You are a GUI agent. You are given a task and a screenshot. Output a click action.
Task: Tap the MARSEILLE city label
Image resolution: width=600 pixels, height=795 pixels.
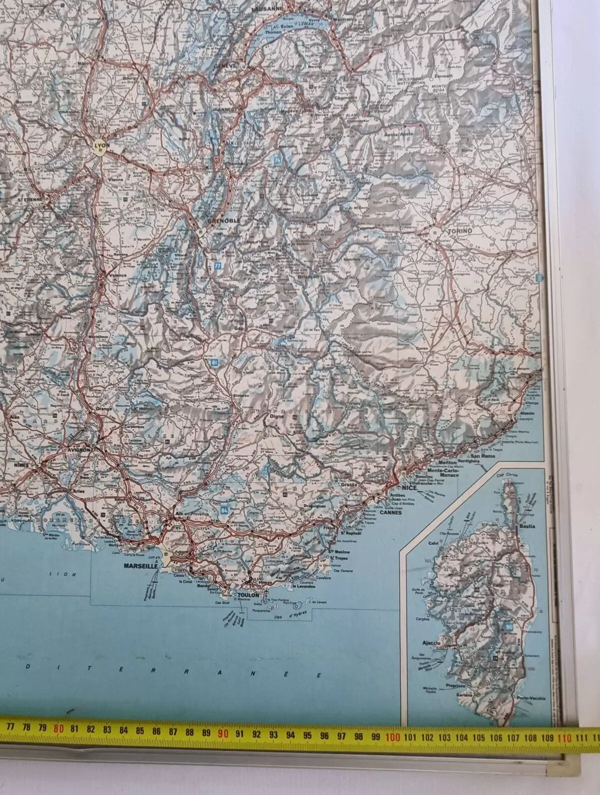click(x=136, y=567)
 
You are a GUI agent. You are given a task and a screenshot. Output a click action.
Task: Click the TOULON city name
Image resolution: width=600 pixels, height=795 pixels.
click(x=248, y=595)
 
